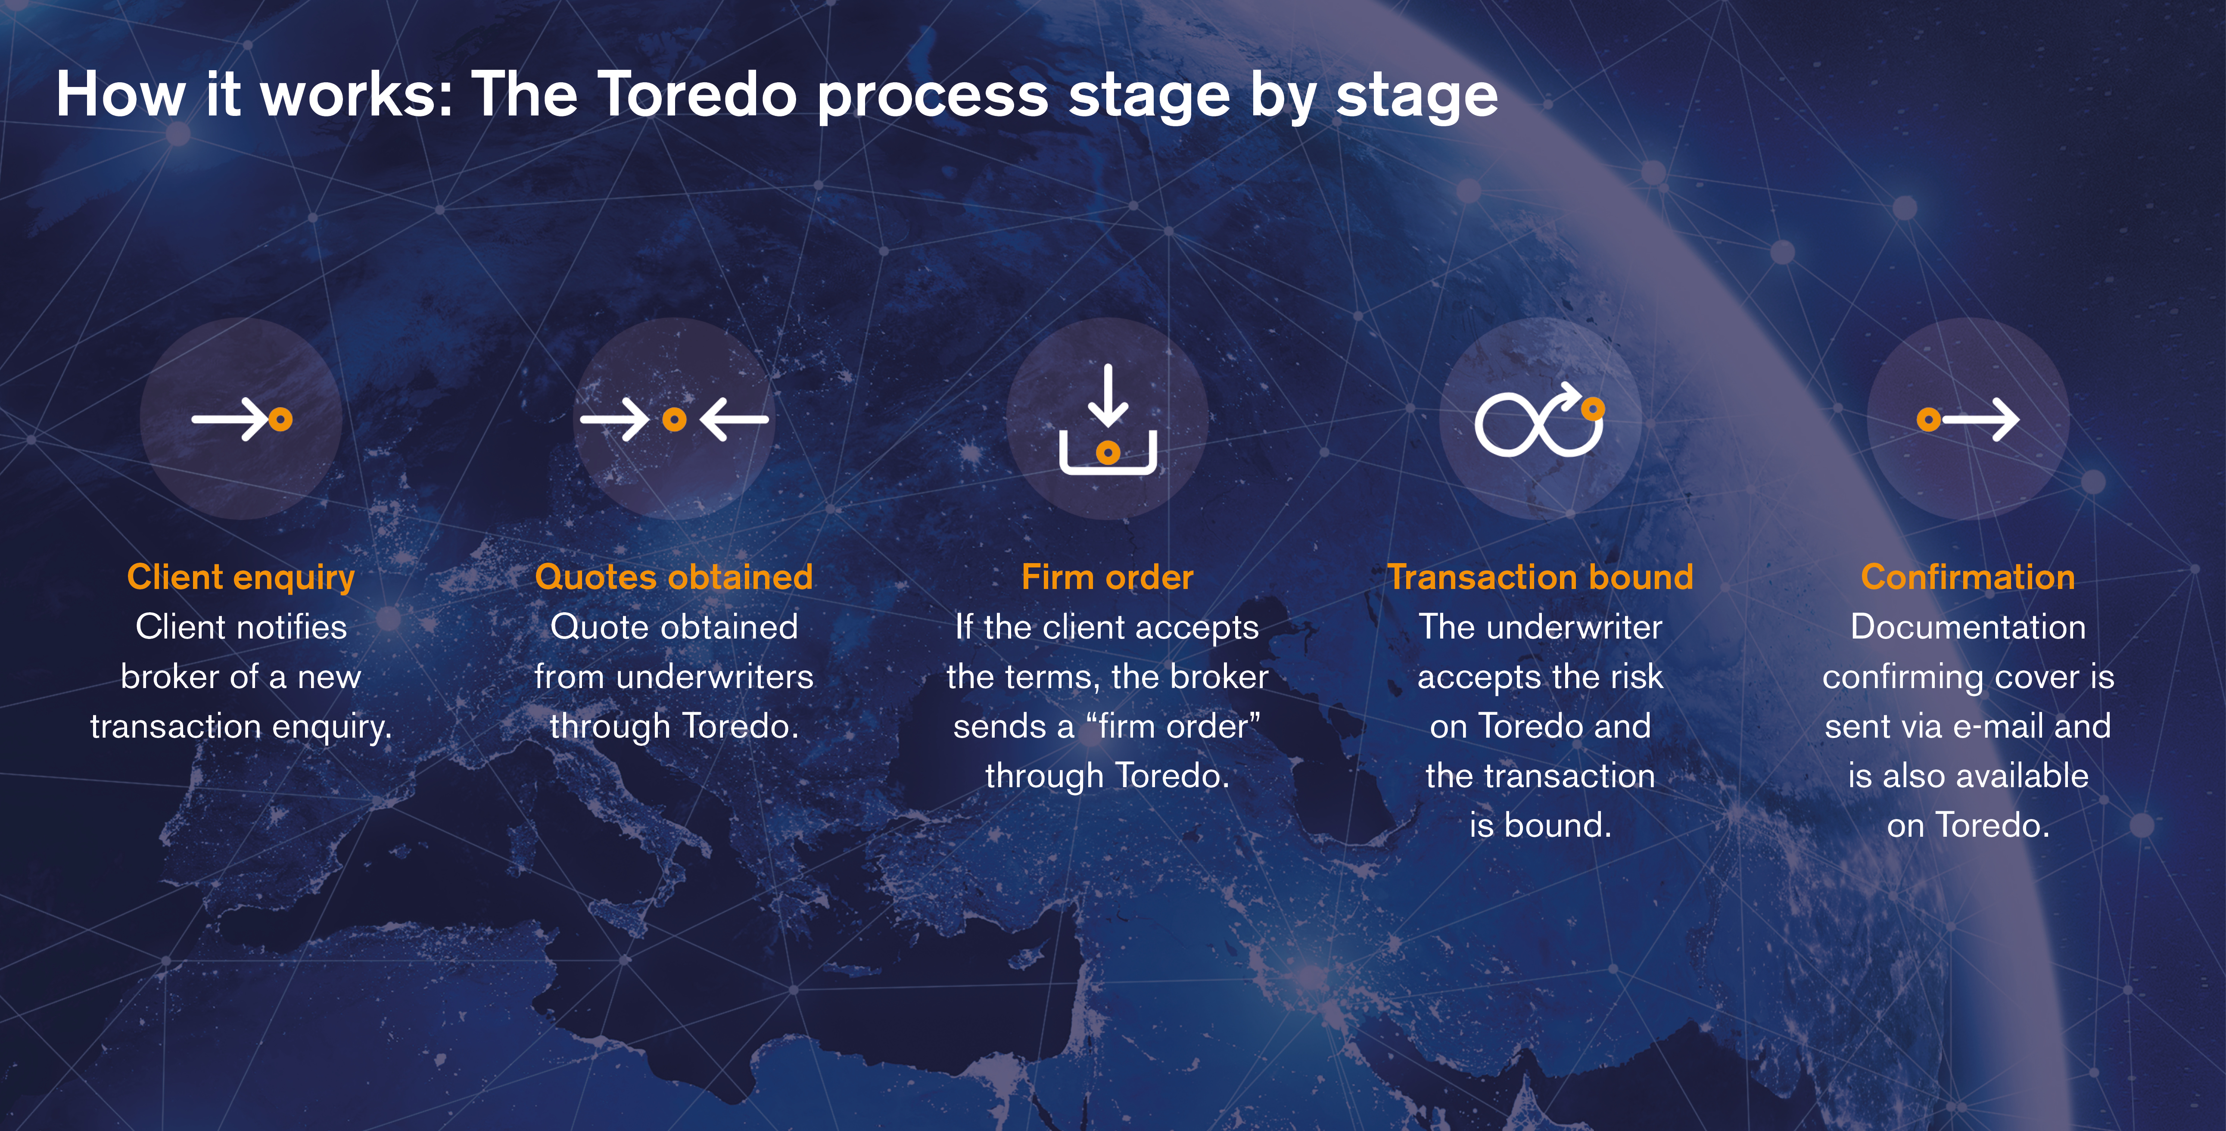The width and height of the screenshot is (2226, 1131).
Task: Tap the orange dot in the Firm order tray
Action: [x=1108, y=452]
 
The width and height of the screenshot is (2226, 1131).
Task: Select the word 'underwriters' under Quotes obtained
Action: [x=716, y=676]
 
